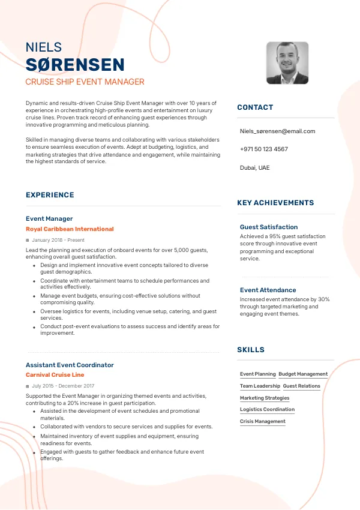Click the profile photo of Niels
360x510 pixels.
tap(287, 62)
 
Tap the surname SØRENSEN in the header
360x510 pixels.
tap(75, 65)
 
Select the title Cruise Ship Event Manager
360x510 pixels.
tap(85, 82)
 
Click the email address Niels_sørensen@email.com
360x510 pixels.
tap(277, 131)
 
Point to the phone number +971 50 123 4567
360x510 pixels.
tap(263, 149)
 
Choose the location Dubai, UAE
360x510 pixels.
tap(254, 167)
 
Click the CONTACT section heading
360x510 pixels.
tap(255, 107)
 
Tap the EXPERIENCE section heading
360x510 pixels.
tap(50, 195)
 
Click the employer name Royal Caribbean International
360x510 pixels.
tap(70, 229)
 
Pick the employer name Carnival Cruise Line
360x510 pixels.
tap(55, 375)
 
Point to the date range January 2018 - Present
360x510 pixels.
tap(58, 240)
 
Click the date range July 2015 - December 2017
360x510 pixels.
tap(63, 386)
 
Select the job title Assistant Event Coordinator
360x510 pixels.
tap(70, 365)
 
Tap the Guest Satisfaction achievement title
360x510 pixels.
tap(269, 227)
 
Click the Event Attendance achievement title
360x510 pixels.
tap(268, 290)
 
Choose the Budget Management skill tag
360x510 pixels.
tap(303, 374)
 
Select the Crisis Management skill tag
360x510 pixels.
tap(263, 421)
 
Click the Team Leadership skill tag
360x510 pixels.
tap(260, 386)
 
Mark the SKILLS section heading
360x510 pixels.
tap(251, 350)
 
